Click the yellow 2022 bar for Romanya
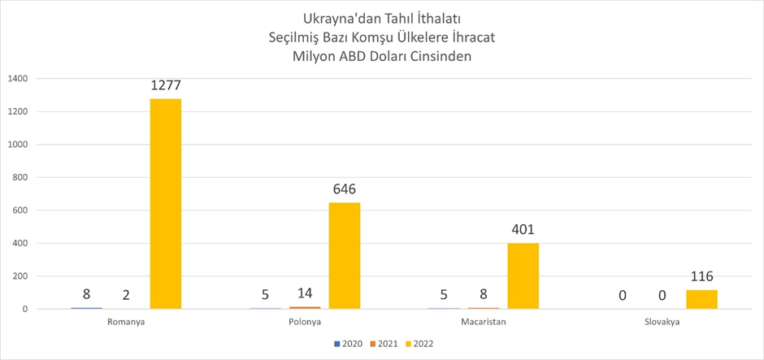pos(166,203)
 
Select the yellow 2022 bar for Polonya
pos(345,255)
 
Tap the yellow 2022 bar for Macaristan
pos(523,275)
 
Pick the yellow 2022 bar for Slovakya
pos(701,299)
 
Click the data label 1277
pos(166,85)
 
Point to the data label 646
pos(345,189)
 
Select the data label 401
pos(523,230)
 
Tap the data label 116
pos(701,277)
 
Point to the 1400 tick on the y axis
pos(18,79)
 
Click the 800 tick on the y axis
pos(20,178)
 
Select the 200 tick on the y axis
pos(20,276)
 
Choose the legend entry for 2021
pos(384,344)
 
